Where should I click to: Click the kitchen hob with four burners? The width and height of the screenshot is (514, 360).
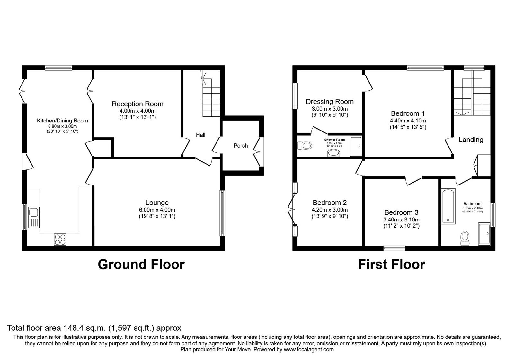point(60,239)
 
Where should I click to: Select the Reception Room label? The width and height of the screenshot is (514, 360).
point(137,104)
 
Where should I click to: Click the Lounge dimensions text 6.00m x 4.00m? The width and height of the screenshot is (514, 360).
point(157,210)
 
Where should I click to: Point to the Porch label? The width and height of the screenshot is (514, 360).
point(241,146)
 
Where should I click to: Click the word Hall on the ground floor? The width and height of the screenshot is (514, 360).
point(200,135)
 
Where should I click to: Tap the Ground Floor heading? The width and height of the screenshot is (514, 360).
point(141,265)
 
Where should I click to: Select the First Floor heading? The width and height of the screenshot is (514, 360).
point(391,265)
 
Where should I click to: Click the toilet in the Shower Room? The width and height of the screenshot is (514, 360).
point(305,146)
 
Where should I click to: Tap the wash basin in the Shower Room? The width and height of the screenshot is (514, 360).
point(334,153)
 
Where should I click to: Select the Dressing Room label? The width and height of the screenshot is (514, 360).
point(330,102)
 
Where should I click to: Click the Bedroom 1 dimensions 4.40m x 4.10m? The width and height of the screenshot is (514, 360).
point(408,121)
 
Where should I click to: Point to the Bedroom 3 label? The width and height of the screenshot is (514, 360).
point(401,212)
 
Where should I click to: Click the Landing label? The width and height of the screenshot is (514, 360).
point(471,139)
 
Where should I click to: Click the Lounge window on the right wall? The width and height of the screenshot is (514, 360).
point(222,213)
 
